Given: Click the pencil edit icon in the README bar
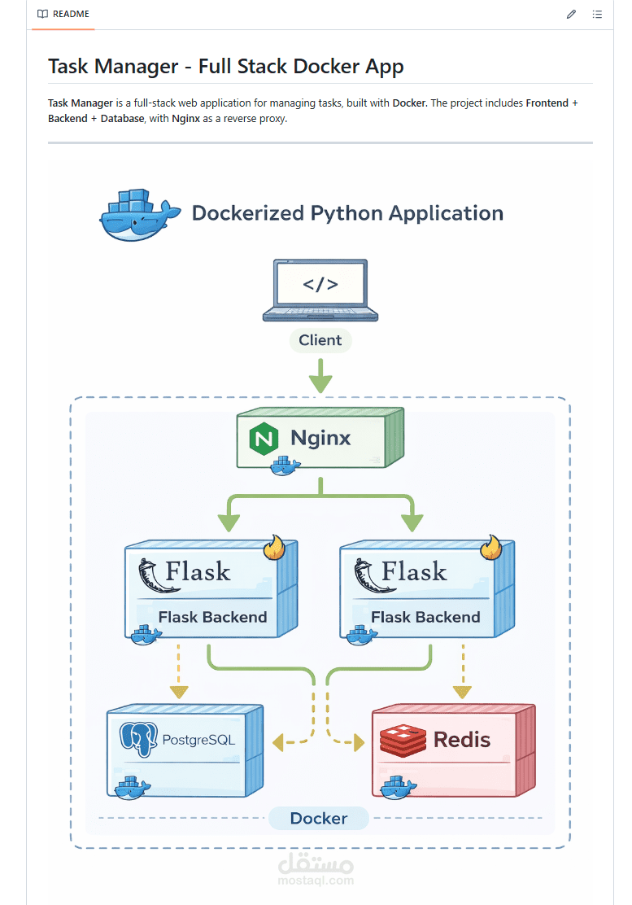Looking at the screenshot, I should (572, 15).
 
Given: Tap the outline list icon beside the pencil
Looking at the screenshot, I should (597, 15).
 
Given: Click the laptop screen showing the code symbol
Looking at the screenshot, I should (320, 285).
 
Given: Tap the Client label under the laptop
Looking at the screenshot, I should (320, 340).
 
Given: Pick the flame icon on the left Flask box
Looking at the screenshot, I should (276, 548).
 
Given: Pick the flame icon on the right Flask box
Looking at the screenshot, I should (490, 548).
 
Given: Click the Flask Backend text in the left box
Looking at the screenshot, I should (212, 617).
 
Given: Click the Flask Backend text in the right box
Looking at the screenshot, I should (425, 617).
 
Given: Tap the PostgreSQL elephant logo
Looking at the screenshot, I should (138, 739).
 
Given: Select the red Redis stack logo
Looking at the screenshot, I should (403, 740).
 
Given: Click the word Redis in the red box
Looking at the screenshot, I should (462, 740).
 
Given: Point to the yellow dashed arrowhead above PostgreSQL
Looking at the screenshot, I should (179, 692).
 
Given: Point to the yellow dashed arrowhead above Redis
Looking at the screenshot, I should (462, 692).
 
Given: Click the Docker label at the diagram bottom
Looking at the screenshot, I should (319, 818).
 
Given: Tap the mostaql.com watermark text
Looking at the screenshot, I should (316, 880).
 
